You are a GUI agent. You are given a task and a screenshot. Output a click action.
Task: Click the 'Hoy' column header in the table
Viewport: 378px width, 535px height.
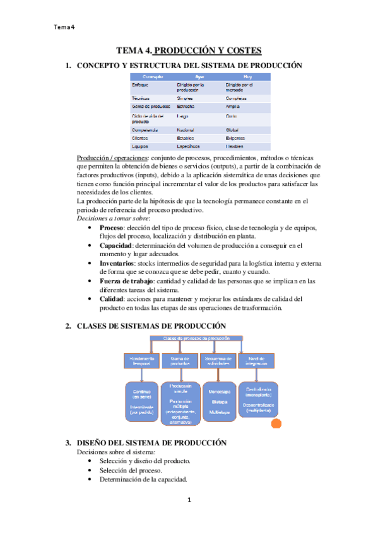pyautogui.click(x=230, y=76)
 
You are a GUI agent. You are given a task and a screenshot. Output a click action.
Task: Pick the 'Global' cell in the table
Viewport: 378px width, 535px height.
pyautogui.click(x=232, y=129)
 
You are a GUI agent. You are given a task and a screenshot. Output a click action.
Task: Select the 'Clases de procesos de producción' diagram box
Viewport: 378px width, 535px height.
pyautogui.click(x=196, y=338)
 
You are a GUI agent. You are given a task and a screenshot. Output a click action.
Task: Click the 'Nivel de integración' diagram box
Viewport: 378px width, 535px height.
pyautogui.click(x=256, y=360)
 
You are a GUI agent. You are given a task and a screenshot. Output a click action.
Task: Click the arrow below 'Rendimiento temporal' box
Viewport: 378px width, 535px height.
pyautogui.click(x=142, y=374)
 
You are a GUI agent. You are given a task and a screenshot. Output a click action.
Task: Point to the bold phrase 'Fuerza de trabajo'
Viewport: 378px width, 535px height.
pyautogui.click(x=127, y=279)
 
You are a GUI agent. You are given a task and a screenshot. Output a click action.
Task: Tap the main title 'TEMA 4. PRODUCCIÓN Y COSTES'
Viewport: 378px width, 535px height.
pyautogui.click(x=189, y=50)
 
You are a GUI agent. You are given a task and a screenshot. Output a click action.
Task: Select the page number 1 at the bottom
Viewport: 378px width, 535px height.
pyautogui.click(x=189, y=500)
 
